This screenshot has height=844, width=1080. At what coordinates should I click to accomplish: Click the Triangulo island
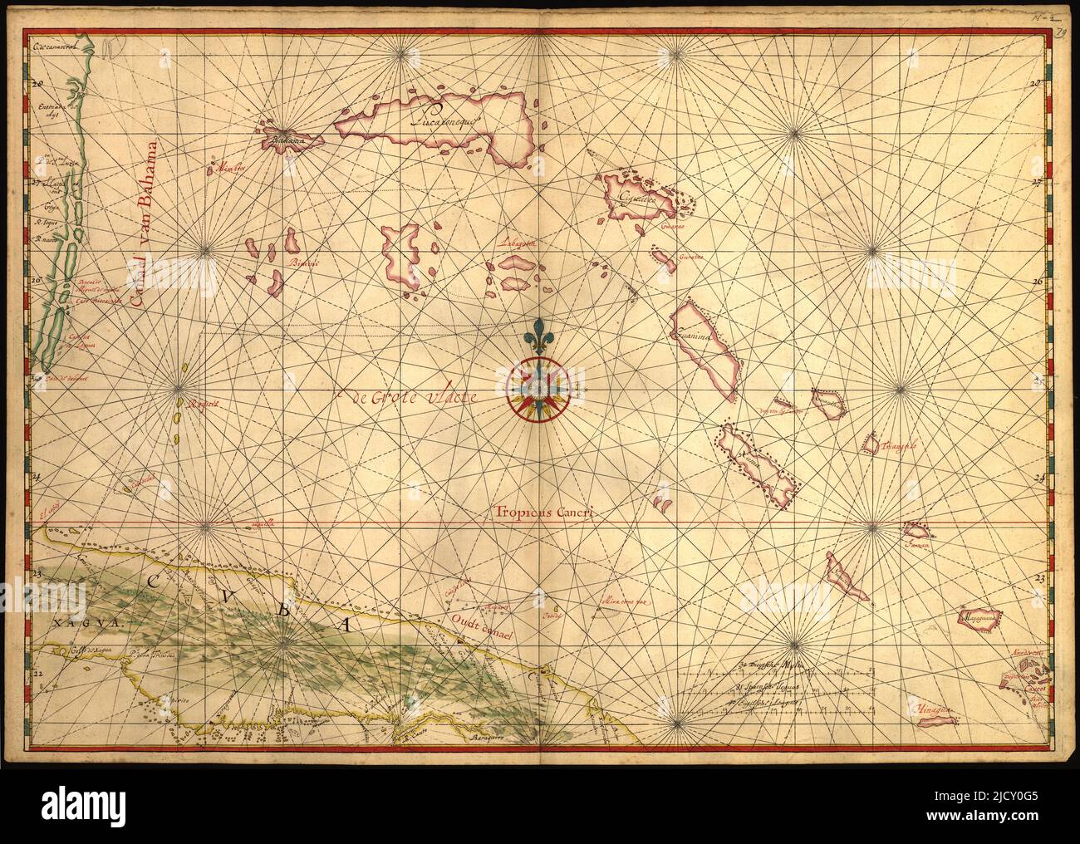(x=871, y=444)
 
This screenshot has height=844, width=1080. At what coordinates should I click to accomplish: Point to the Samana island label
(x=916, y=544)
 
